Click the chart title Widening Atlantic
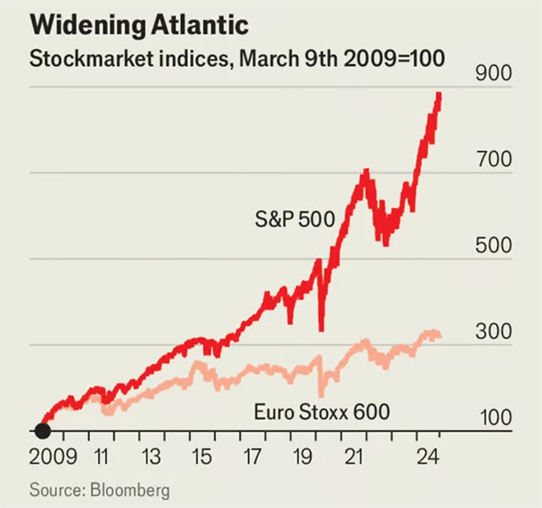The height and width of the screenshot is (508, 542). tap(139, 25)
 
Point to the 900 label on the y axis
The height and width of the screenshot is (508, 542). tap(494, 74)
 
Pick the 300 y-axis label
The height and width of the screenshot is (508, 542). tap(494, 332)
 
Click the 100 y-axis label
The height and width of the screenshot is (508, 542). tap(494, 417)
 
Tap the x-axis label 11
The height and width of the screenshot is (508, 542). tap(101, 458)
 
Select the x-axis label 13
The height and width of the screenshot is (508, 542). tap(151, 458)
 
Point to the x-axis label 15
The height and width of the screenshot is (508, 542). tap(202, 458)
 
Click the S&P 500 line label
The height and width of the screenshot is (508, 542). tap(295, 221)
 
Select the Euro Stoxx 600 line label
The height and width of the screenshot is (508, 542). tap(322, 413)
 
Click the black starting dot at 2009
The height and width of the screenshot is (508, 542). tap(42, 431)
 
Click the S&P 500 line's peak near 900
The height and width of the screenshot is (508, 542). tap(439, 95)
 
